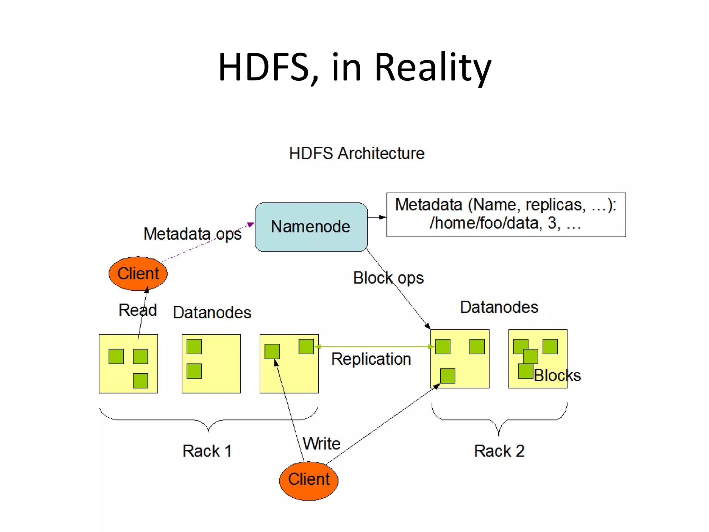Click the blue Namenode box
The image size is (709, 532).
click(311, 227)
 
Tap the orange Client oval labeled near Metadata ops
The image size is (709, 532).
click(138, 273)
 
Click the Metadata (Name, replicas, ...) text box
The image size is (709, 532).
click(506, 214)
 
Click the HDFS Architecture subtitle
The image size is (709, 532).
click(357, 153)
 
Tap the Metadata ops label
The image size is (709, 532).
click(192, 234)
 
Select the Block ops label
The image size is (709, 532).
click(388, 278)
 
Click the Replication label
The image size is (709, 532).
click(371, 359)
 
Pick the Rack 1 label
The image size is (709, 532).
click(207, 451)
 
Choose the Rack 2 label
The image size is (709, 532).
click(499, 451)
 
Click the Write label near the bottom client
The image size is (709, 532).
click(321, 443)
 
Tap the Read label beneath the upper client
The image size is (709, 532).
click(137, 310)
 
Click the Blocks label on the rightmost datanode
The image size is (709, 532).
click(557, 375)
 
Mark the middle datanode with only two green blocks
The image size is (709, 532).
click(211, 363)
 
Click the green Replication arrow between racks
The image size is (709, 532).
click(374, 346)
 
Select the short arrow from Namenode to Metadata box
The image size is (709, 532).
click(377, 217)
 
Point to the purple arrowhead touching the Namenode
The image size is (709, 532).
click(251, 225)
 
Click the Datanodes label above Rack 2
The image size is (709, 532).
click(499, 307)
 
